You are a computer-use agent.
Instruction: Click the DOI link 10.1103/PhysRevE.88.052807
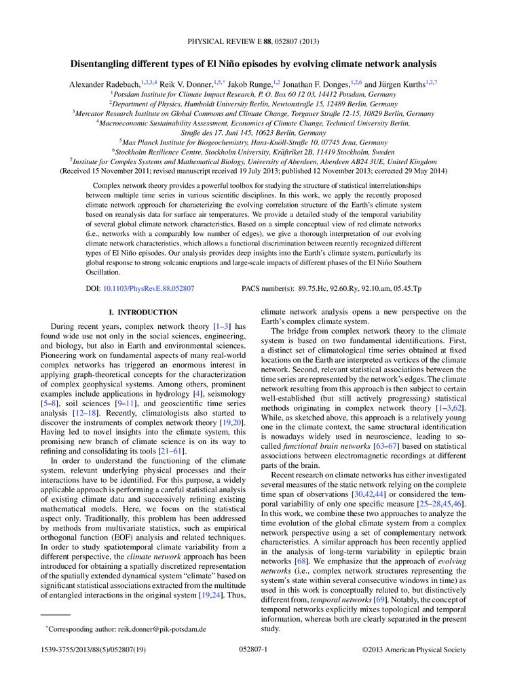[x=150, y=288]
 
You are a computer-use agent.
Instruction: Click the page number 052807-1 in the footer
[x=254, y=650]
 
